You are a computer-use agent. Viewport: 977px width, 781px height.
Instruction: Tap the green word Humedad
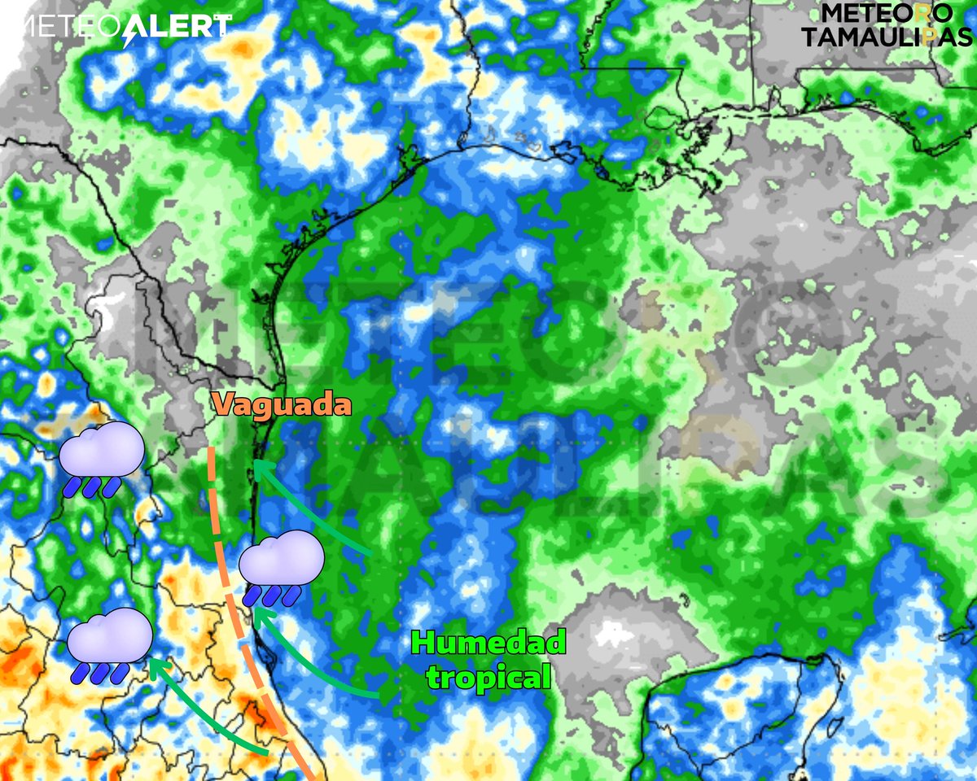pyautogui.click(x=488, y=643)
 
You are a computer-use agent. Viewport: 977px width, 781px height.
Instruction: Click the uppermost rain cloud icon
pyautogui.click(x=102, y=450)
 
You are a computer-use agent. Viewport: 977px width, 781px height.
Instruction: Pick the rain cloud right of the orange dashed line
pyautogui.click(x=282, y=559)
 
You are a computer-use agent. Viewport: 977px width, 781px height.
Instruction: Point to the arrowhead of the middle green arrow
pyautogui.click(x=258, y=614)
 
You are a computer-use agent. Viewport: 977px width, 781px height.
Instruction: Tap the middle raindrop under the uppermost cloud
pyautogui.click(x=92, y=486)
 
